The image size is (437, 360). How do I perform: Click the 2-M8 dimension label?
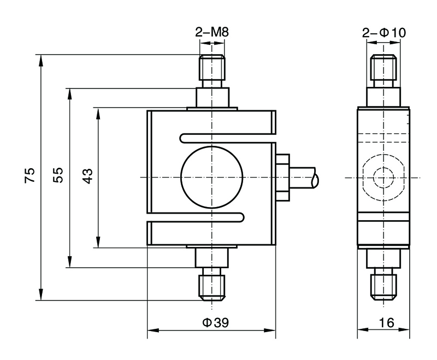coord(211,33)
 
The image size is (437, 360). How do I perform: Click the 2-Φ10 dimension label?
coord(384,33)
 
